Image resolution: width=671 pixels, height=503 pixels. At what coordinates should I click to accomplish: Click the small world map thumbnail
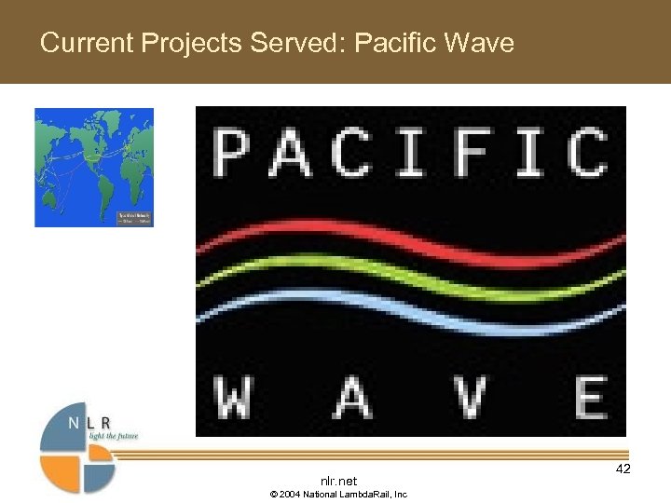click(x=94, y=168)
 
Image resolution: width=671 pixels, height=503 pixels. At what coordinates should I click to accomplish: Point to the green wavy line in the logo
click(x=410, y=277)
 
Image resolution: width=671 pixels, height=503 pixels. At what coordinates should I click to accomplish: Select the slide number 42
click(x=623, y=469)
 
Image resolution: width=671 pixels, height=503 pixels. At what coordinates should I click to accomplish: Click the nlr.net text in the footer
click(x=338, y=481)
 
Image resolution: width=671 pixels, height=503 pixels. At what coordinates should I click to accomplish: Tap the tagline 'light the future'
click(x=116, y=436)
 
